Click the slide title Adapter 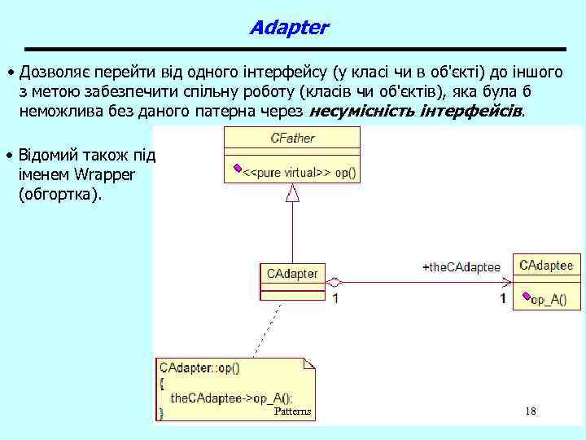coord(289,28)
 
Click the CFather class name coord(292,139)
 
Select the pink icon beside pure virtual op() coord(238,169)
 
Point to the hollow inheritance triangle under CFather coord(292,192)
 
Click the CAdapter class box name coord(292,274)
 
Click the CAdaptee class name coord(546,266)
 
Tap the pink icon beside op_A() coord(526,297)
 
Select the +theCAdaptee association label coord(461,267)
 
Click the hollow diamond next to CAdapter coord(334,282)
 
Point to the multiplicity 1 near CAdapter coord(335,299)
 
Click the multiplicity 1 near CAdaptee coord(503,299)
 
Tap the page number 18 coord(531,411)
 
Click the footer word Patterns coord(292,411)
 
